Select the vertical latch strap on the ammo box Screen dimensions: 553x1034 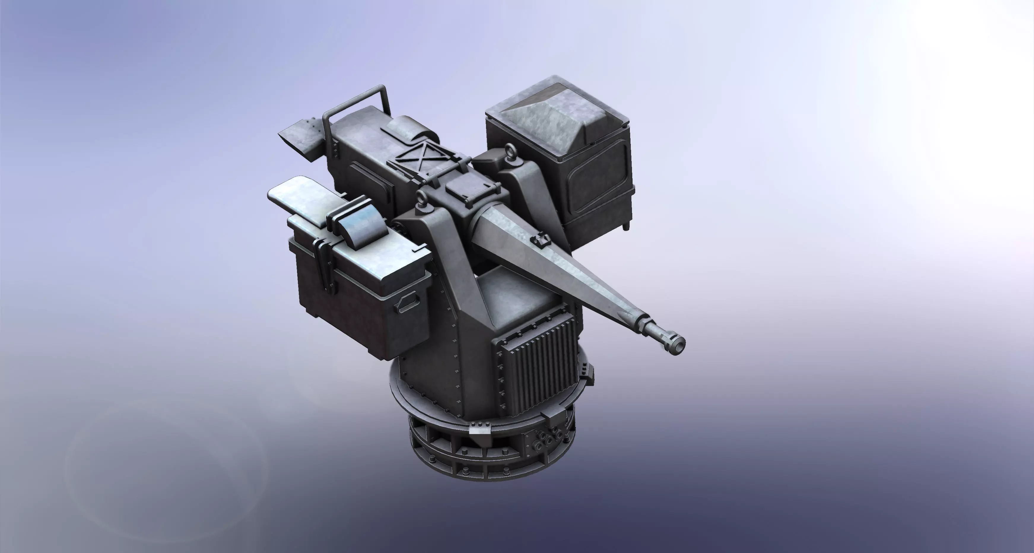(323, 265)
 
